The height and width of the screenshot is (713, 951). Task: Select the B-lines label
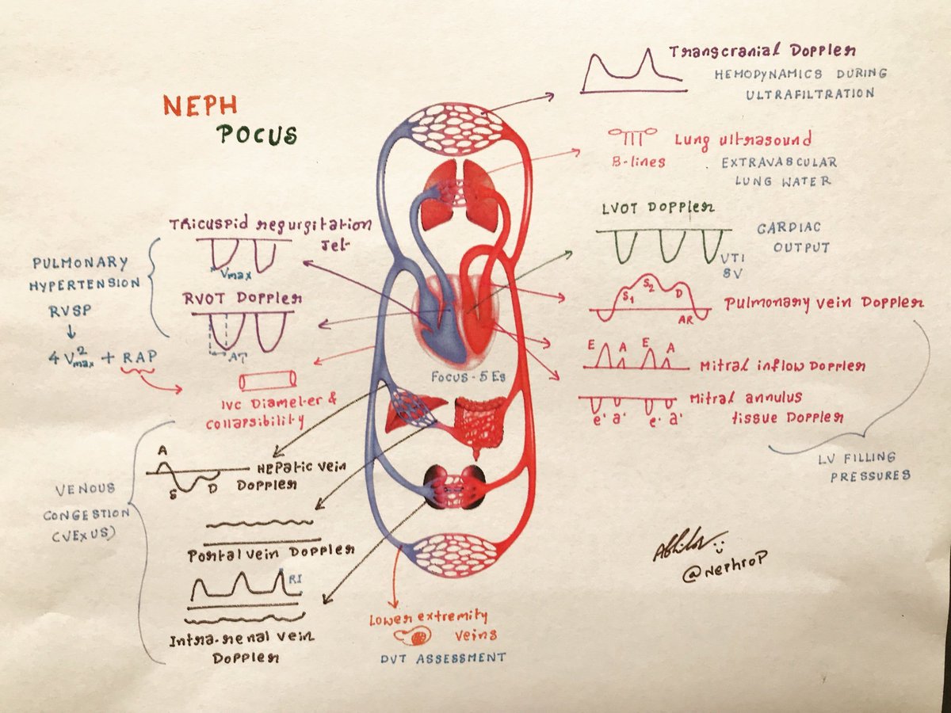pyautogui.click(x=637, y=162)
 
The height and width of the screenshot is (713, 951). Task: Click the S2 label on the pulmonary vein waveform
pyautogui.click(x=648, y=283)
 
